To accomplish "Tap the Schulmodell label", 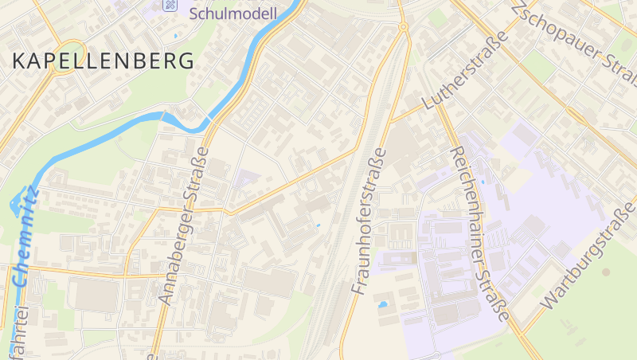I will (x=233, y=13).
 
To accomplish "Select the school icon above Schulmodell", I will (x=170, y=5).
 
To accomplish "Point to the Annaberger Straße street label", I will (x=184, y=225).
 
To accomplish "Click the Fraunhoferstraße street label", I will (x=367, y=221).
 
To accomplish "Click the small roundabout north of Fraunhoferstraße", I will (x=403, y=27).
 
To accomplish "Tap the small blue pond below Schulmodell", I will (x=174, y=36).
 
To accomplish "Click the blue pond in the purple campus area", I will (x=383, y=304).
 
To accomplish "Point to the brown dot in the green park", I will (x=607, y=272).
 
